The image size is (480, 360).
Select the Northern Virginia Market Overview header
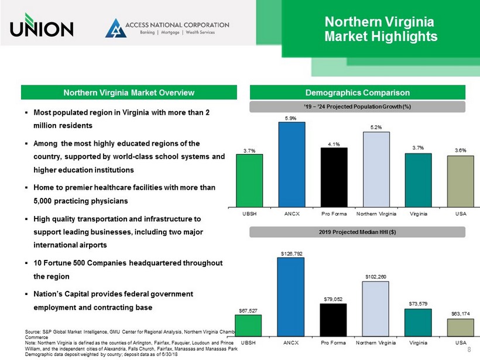(129, 92)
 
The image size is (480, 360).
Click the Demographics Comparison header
(357, 92)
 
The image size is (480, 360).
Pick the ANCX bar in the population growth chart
(292, 164)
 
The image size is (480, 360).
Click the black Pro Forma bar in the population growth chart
(334, 177)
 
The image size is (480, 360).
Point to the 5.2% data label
(376, 126)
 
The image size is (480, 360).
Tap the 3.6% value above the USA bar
(461, 150)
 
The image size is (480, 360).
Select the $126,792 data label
(292, 252)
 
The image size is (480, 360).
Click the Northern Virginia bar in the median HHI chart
(376, 308)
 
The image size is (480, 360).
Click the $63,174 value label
(461, 314)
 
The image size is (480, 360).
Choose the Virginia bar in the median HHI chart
(418, 323)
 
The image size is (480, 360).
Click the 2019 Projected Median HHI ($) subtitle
(357, 232)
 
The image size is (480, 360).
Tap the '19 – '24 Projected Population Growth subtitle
(357, 107)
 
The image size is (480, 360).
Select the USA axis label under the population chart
(461, 214)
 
